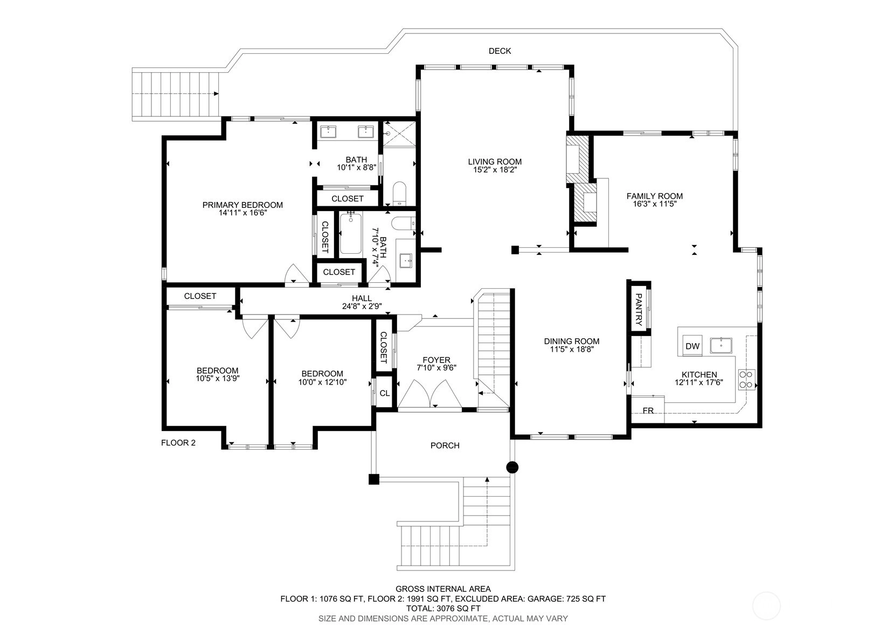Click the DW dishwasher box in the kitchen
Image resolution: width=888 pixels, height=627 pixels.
click(x=692, y=345)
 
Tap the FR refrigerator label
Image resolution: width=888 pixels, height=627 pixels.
click(x=648, y=410)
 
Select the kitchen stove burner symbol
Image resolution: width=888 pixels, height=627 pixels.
click(x=746, y=379)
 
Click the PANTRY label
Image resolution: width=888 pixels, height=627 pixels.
click(x=639, y=309)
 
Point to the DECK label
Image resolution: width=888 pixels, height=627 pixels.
click(x=499, y=51)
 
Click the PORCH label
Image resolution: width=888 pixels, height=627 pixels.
click(x=445, y=445)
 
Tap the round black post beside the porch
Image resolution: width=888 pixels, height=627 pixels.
click(x=512, y=468)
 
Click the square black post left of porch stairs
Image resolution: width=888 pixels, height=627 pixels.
click(x=374, y=479)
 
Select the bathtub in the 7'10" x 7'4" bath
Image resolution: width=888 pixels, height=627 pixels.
click(x=350, y=233)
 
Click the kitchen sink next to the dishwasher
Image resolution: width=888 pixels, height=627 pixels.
click(x=721, y=345)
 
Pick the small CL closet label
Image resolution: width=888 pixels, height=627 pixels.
click(x=385, y=393)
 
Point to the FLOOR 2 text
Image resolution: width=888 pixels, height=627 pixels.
click(x=178, y=443)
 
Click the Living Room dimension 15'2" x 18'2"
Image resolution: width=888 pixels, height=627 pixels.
click(x=495, y=170)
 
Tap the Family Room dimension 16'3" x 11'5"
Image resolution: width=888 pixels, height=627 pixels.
click(x=655, y=204)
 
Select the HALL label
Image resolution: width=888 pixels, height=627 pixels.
click(x=362, y=298)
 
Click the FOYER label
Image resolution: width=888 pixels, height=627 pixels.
click(x=436, y=360)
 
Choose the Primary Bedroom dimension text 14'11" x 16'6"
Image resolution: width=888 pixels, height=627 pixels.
click(x=242, y=213)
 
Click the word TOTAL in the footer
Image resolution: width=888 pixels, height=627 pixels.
click(x=419, y=608)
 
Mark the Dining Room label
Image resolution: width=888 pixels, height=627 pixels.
click(x=572, y=342)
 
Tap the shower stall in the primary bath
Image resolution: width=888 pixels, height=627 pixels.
click(x=399, y=134)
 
